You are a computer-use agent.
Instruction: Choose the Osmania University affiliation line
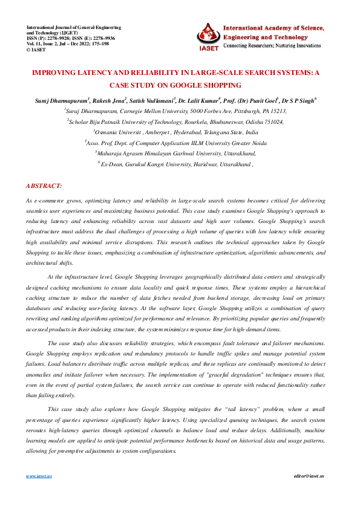(175, 131)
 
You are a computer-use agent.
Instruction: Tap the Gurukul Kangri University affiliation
(175, 164)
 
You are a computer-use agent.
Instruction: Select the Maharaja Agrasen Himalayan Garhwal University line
(175, 153)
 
